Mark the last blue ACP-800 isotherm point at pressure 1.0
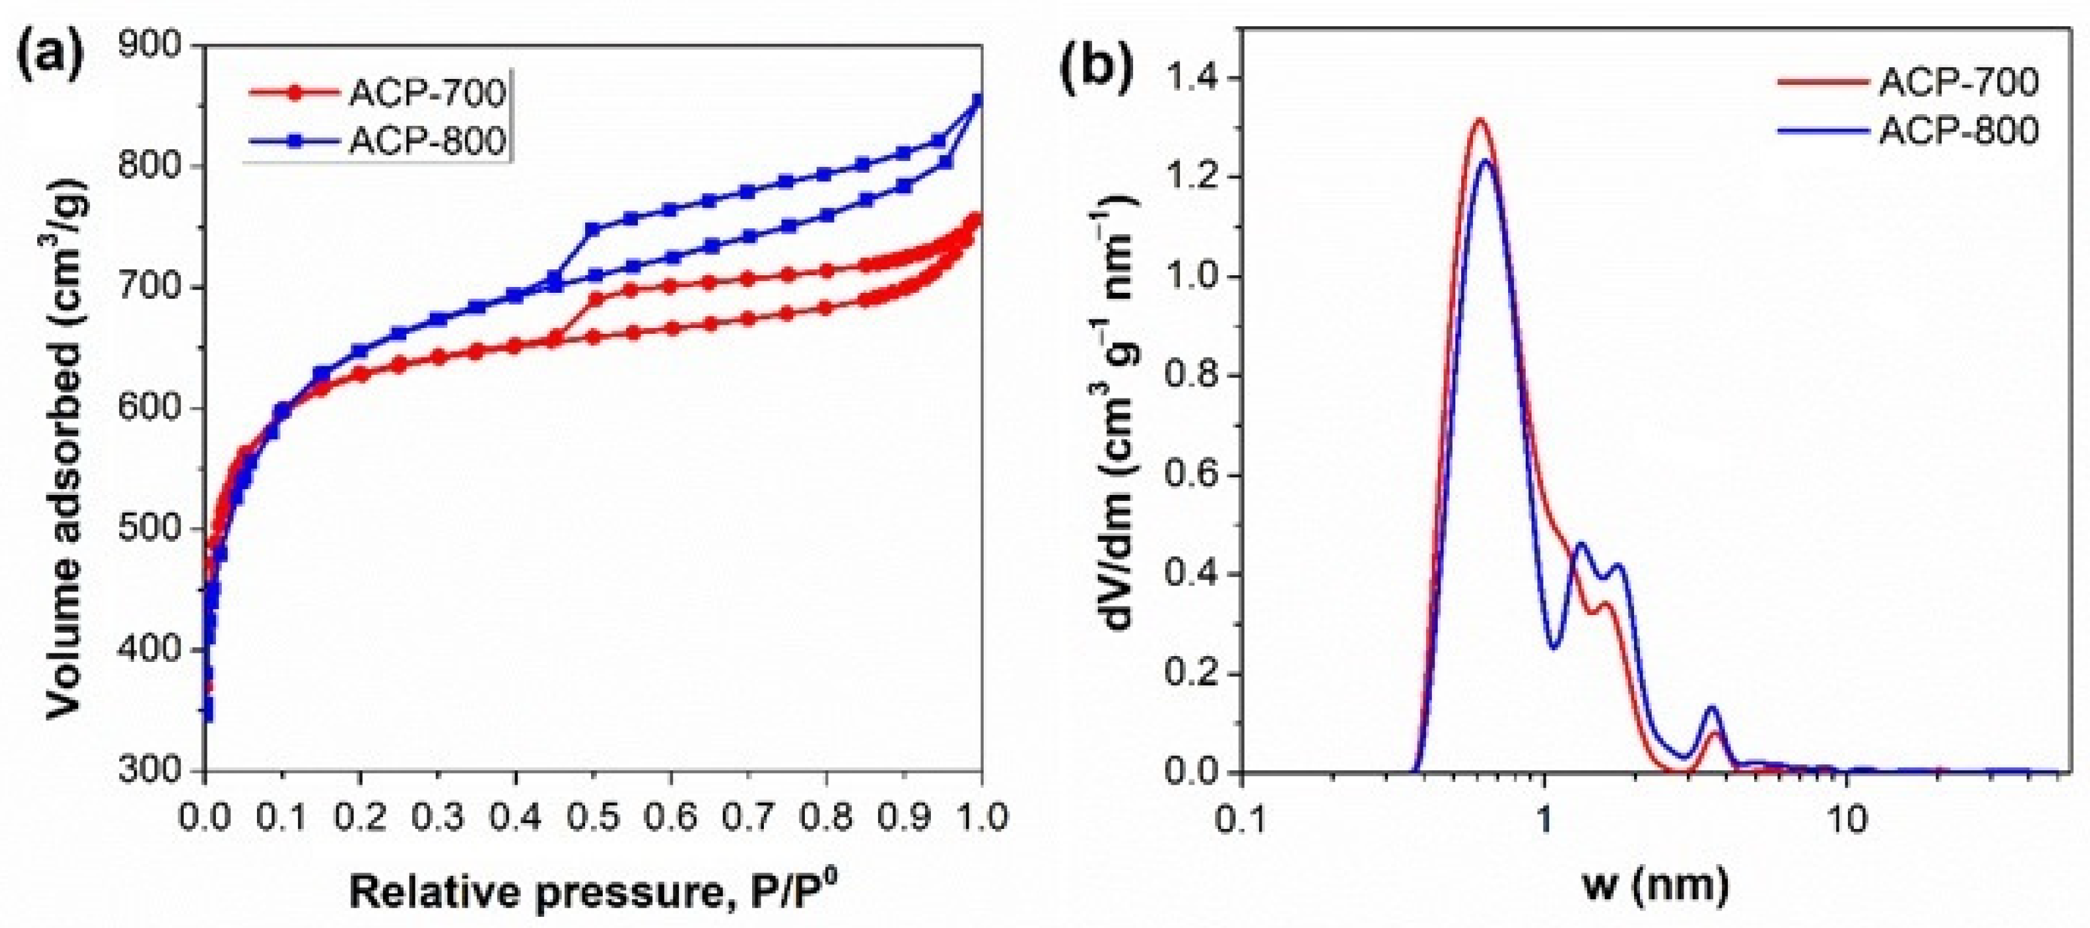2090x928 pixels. (978, 100)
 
